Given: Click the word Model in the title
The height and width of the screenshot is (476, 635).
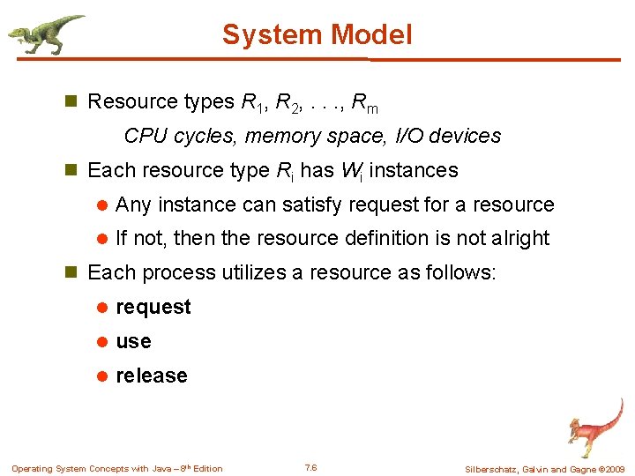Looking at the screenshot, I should click(x=374, y=34).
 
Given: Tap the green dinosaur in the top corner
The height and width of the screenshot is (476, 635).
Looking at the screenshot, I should click(x=44, y=33).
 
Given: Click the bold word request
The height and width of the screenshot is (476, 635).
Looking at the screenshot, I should click(x=153, y=307).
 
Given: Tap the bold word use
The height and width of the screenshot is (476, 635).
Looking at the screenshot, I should click(x=133, y=341).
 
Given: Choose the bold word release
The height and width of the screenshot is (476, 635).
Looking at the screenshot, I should click(x=152, y=376).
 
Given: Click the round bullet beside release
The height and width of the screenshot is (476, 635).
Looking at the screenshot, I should click(x=101, y=376).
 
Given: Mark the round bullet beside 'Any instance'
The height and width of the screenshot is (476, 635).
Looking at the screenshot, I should click(x=101, y=205).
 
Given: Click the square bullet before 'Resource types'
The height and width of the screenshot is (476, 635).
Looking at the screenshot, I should click(x=73, y=102).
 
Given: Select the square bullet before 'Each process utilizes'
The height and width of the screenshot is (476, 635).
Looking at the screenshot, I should click(x=73, y=273).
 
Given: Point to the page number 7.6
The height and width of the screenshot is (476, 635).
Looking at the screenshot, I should click(x=310, y=467).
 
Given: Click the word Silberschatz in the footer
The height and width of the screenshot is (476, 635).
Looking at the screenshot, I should click(x=490, y=469).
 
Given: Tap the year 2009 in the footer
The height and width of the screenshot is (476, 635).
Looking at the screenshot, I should click(x=615, y=469).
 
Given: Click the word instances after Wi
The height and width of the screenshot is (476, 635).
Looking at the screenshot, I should click(x=415, y=170).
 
